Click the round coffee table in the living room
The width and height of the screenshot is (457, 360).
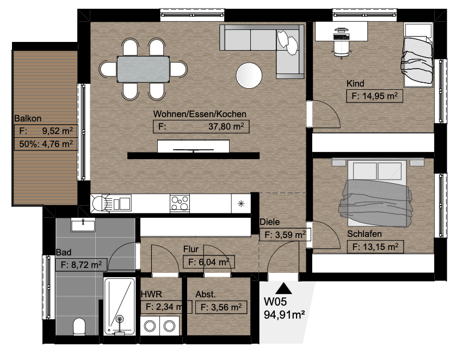coord(249,75)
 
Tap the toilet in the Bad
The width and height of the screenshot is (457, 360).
coord(79,326)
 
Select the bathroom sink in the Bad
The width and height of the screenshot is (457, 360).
coord(83,224)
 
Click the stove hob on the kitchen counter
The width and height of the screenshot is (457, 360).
coord(180,203)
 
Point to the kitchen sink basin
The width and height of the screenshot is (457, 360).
coord(121,203)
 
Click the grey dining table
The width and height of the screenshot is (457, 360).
coord(144,69)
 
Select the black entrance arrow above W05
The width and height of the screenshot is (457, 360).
coord(283,288)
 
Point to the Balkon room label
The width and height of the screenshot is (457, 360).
coord(28,118)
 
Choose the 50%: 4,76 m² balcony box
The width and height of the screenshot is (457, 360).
coord(46,144)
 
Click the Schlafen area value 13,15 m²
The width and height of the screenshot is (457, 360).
coord(375,247)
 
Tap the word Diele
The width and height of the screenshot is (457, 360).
coord(270,222)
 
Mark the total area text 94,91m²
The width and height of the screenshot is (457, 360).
coord(285,315)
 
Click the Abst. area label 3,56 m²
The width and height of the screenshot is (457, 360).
coord(221,307)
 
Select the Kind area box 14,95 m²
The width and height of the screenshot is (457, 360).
coord(374,96)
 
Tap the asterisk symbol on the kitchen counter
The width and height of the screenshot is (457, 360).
coord(241,204)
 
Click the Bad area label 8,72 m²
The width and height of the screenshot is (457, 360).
coord(81,265)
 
